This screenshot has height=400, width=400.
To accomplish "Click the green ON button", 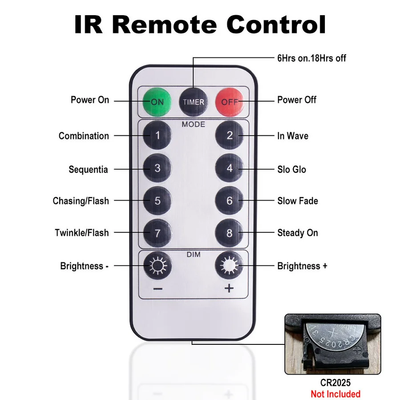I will point(157,101).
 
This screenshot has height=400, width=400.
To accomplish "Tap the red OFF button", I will point(230,101).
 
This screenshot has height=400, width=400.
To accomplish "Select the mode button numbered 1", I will point(157,135).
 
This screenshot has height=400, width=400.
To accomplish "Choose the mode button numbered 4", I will point(229,169).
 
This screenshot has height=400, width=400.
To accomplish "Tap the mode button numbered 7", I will point(157,233).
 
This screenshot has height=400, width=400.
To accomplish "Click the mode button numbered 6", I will point(229,201).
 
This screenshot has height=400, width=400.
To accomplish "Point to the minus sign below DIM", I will point(158,289).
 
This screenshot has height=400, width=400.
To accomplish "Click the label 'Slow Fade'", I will point(297,201).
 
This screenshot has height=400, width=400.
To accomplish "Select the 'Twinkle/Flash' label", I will point(82,233).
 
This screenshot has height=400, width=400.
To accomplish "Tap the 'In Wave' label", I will point(292,136).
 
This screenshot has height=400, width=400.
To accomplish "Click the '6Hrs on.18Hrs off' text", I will point(311,58).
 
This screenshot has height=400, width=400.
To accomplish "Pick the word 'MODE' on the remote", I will point(193,124).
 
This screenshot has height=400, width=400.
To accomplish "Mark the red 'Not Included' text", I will point(335,394).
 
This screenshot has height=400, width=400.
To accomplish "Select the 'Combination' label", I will point(84,136).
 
